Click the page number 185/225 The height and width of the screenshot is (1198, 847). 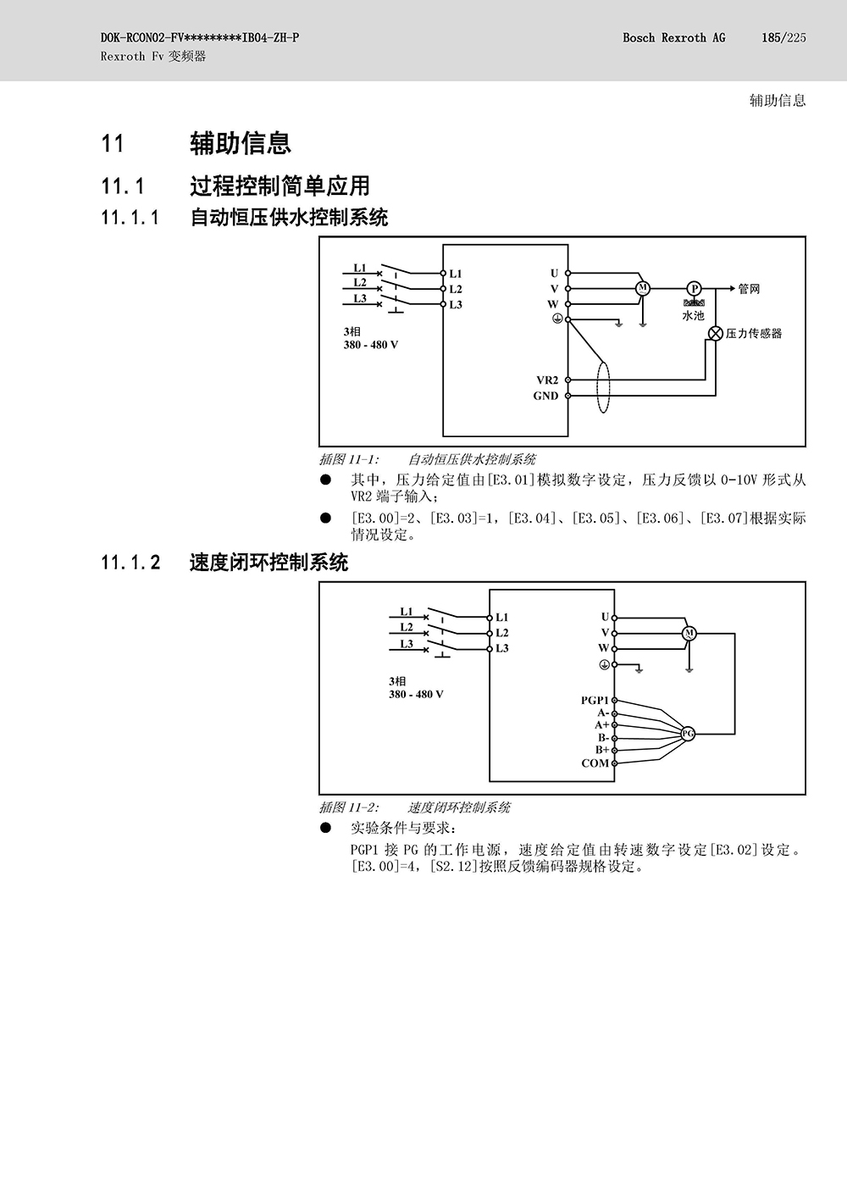pos(784,37)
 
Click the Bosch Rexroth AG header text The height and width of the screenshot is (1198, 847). pos(673,37)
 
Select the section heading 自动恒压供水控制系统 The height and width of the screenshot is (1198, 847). pos(290,218)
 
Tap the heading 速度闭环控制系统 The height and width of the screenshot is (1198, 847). pos(269,563)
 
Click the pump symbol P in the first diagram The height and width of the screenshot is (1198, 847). pos(694,289)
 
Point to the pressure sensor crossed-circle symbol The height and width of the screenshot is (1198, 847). pos(716,333)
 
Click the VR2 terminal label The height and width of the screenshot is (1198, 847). pos(547,380)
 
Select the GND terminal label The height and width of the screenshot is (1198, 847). pos(545,396)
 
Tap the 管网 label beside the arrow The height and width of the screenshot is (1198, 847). pos(749,290)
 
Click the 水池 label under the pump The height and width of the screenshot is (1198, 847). pos(693,315)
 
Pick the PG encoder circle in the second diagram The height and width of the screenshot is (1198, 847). pos(688,734)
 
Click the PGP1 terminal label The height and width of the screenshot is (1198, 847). pos(595,700)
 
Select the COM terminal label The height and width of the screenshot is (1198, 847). pos(595,763)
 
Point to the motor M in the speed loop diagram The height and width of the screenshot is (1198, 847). pos(689,634)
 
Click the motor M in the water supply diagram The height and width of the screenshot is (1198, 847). pos(643,289)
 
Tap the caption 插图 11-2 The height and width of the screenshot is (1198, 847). pos(349,807)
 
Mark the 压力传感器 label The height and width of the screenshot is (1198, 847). pos(754,334)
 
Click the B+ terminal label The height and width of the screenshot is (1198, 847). pos(602,750)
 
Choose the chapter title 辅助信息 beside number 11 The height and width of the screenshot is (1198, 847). pos(241,143)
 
